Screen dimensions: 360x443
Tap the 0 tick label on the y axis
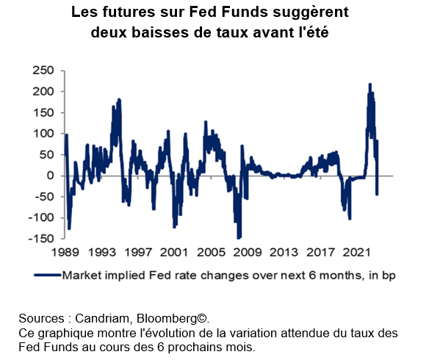point(51,176)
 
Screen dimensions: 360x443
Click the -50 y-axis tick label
point(44,197)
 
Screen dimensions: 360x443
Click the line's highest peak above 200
point(370,84)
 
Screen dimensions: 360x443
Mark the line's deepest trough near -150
point(238,238)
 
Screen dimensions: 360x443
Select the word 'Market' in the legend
point(84,276)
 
